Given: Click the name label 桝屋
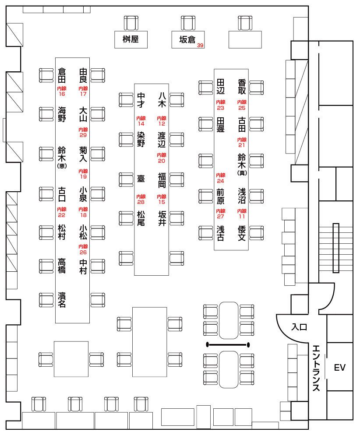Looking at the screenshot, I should [x=131, y=39].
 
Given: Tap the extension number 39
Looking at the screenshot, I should [x=200, y=46].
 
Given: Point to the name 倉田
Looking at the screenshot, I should [x=62, y=75].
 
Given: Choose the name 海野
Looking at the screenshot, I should [x=62, y=114].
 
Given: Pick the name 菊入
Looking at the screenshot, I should [x=83, y=154].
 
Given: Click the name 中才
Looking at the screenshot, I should [x=141, y=100].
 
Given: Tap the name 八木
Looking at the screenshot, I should [x=162, y=100].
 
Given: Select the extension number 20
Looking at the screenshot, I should [x=162, y=158].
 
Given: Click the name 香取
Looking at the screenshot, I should [x=242, y=87].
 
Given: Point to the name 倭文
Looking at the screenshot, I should [x=242, y=233].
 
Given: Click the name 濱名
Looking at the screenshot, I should [x=62, y=300].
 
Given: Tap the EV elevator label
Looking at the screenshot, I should [x=340, y=368].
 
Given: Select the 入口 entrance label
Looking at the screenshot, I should [x=300, y=327].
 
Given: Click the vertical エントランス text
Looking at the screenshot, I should [x=317, y=368].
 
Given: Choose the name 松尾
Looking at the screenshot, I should [x=141, y=218].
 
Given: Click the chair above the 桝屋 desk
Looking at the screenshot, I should [x=131, y=22].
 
